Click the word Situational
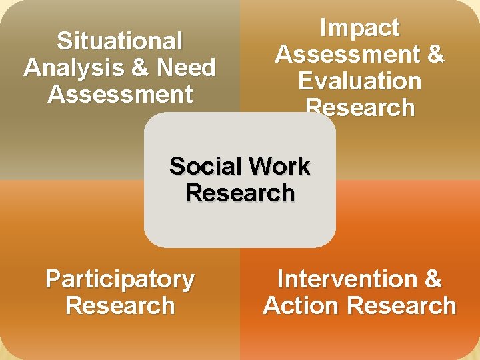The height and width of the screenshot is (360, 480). coord(120,41)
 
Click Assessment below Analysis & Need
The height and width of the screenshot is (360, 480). coord(120,95)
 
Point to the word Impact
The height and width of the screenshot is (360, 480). coord(359,28)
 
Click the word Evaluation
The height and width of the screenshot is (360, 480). coord(359,81)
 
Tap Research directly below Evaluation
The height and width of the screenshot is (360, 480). coord(359,107)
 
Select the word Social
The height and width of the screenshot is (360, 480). coord(203,166)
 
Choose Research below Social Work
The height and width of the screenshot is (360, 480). coord(240,193)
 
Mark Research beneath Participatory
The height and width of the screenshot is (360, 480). coord(120,306)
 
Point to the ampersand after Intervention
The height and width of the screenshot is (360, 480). coord(432,279)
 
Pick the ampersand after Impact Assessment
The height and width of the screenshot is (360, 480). coord(435,55)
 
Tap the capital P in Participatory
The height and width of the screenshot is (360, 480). coord(53,279)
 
